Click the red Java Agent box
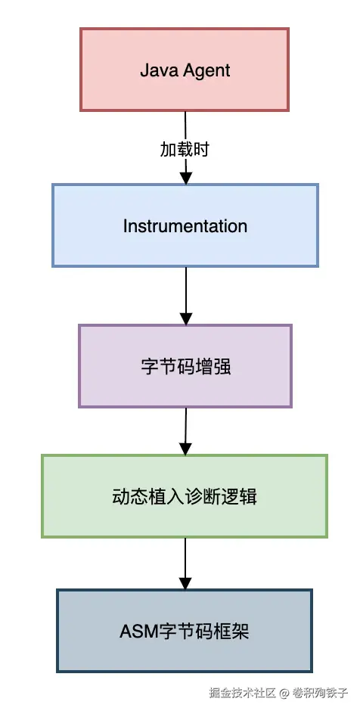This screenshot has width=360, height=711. point(185,70)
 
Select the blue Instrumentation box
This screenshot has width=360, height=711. point(185,225)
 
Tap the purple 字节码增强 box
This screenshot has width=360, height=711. point(185,367)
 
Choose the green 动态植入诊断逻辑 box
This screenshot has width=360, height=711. point(185,496)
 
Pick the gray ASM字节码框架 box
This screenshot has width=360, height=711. point(185,631)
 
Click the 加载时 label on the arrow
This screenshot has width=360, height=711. point(185,149)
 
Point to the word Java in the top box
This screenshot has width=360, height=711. point(154,70)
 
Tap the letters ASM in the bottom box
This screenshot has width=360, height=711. point(135,632)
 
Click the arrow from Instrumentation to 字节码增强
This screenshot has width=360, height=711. point(185,295)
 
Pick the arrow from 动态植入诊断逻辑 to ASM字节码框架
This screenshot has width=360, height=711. point(185,564)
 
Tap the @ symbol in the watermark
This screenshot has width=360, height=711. point(284,692)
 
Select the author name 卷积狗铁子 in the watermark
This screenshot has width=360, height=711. point(320,692)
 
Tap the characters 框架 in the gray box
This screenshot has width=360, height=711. point(234,632)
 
